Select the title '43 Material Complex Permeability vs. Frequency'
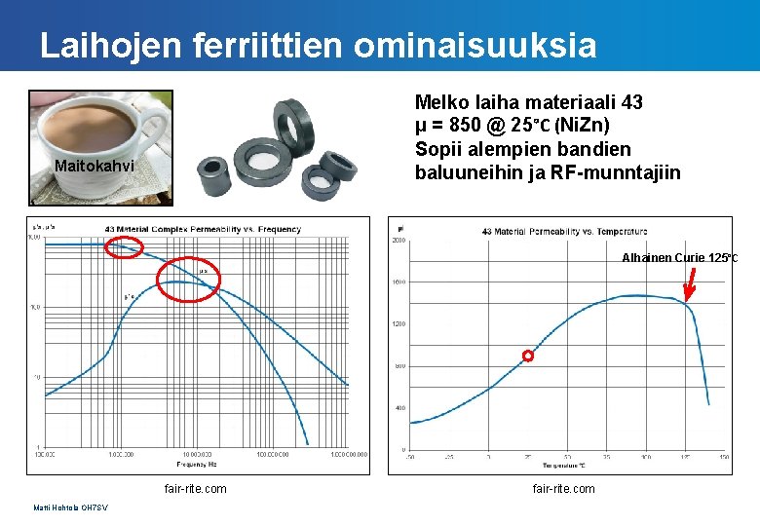pos(203,230)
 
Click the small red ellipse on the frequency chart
pos(124,249)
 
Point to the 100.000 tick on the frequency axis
pos(45,454)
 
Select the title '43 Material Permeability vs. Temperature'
pos(563,231)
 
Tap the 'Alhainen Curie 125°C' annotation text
pos(679,258)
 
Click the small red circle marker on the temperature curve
pos(528,357)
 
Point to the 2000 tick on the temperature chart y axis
pos(399,240)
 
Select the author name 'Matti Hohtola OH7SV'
pos(70,507)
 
